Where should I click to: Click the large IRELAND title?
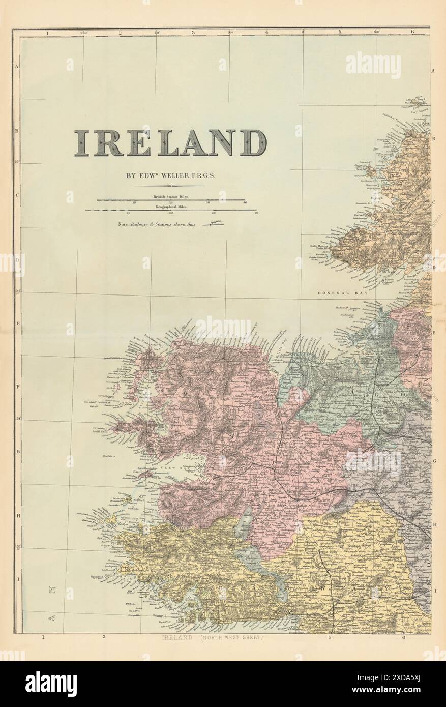(x=170, y=143)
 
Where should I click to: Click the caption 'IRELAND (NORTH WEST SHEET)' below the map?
(x=212, y=638)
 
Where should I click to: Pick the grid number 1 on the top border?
(x=47, y=33)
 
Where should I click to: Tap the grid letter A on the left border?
(x=17, y=67)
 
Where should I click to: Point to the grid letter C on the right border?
(x=434, y=201)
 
